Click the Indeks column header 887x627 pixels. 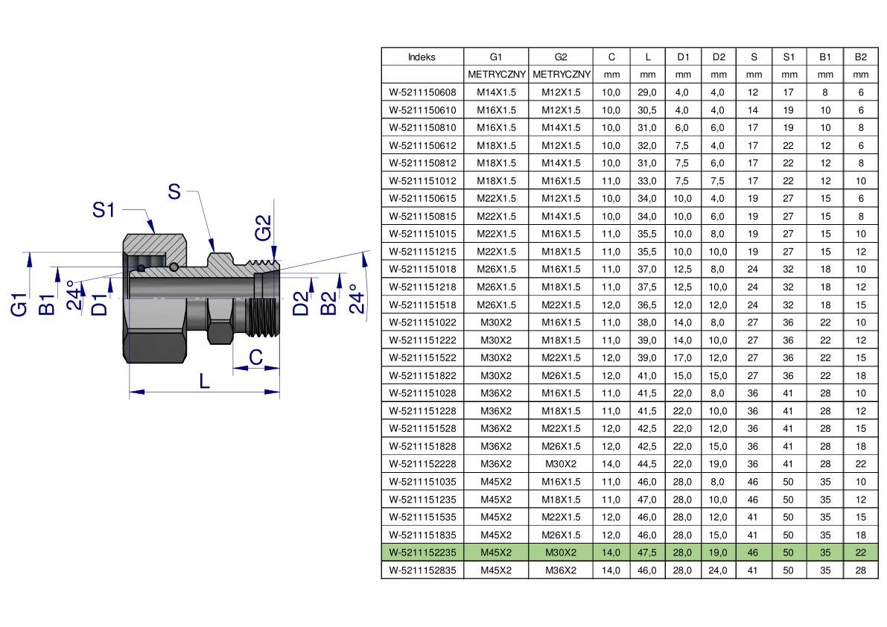point(422,57)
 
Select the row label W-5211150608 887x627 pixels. point(422,92)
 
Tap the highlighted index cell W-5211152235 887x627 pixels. point(422,553)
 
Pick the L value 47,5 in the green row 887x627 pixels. point(647,553)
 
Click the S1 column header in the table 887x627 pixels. point(789,57)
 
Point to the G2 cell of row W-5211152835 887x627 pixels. point(561,570)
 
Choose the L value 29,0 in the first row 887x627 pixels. point(647,92)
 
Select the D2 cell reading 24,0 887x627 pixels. point(718,570)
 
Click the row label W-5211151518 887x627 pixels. point(422,305)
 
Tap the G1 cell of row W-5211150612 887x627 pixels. point(496,145)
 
